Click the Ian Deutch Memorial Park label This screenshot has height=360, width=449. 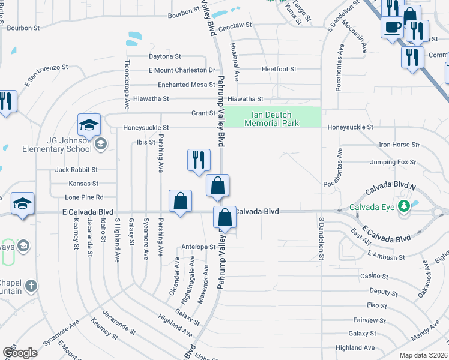click(272, 119)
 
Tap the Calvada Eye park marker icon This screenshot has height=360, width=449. click(405, 206)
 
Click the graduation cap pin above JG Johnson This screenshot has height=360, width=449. click(89, 126)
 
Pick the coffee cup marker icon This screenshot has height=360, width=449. click(392, 28)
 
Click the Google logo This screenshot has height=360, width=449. click(20, 352)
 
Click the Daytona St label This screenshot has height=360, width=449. click(165, 56)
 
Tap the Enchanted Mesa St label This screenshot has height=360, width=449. click(186, 85)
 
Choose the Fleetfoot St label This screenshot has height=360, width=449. click(279, 70)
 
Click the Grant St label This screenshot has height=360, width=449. click(203, 113)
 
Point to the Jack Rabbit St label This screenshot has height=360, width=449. click(76, 170)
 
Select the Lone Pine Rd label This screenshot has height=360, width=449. click(84, 197)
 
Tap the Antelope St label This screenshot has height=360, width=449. click(198, 247)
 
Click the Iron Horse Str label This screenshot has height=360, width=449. click(399, 145)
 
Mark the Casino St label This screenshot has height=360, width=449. click(374, 276)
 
